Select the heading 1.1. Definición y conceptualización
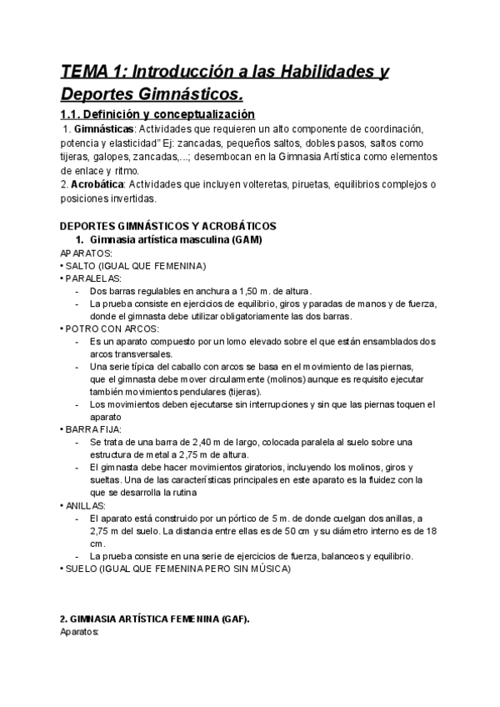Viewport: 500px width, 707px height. tap(158, 114)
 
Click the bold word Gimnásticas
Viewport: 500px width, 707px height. tap(103, 130)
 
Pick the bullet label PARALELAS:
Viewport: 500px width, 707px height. tap(93, 278)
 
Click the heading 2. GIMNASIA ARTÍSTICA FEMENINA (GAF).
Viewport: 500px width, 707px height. tap(155, 620)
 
